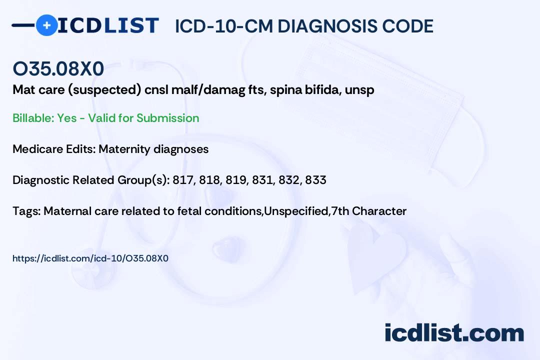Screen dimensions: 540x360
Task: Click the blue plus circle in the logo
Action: click(x=46, y=25)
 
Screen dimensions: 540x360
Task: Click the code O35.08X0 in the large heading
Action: click(x=58, y=68)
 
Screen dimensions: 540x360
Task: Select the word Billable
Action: click(x=33, y=118)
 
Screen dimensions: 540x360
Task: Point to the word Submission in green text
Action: click(x=167, y=118)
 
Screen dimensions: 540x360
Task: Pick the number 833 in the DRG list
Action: click(x=315, y=180)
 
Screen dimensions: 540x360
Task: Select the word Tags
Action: click(x=26, y=211)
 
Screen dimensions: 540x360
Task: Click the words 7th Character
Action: click(x=368, y=211)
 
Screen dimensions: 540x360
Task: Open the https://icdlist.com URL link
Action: click(x=90, y=258)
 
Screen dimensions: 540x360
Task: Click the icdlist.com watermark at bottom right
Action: click(x=454, y=333)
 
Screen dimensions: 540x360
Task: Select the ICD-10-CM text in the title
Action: click(x=224, y=26)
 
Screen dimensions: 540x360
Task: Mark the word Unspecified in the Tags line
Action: click(x=296, y=211)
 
